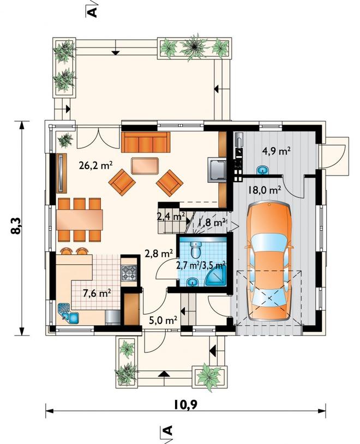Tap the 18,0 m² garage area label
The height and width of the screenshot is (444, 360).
[265, 190]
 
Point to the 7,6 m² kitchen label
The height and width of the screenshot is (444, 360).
[97, 293]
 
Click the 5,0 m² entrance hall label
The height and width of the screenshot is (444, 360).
[164, 320]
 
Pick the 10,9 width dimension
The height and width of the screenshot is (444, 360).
[185, 405]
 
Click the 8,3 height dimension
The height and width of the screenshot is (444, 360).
[16, 226]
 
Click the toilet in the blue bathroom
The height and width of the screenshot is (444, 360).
[195, 249]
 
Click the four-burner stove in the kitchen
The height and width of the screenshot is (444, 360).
[129, 273]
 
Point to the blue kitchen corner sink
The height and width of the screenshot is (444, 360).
[68, 313]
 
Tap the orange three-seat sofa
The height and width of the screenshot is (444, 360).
[146, 142]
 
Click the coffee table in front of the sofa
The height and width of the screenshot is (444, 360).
[145, 166]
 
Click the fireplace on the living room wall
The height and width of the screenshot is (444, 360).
[218, 170]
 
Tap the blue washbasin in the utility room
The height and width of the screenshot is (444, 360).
[262, 170]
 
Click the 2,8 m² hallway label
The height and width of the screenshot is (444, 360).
[159, 253]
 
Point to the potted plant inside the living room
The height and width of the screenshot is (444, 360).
[65, 140]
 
